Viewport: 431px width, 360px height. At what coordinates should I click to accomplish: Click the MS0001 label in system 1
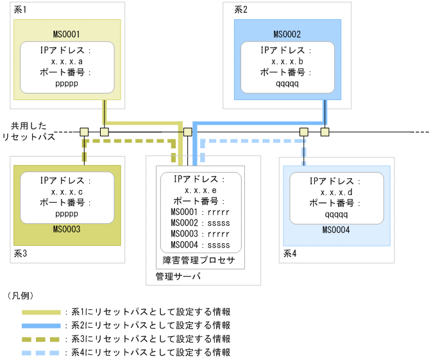[x=67, y=34]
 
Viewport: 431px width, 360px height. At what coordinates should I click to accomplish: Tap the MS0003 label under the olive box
[x=67, y=228]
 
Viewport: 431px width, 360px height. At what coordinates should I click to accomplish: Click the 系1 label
[x=21, y=10]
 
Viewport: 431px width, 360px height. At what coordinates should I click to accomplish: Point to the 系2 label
[x=241, y=10]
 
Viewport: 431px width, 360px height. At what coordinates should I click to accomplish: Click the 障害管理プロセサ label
[x=199, y=260]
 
